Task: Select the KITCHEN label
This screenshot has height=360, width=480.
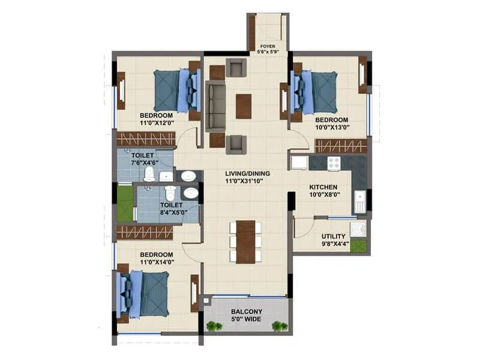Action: [322, 187]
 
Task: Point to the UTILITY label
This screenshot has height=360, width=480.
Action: [332, 236]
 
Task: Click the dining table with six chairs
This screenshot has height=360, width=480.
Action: [245, 242]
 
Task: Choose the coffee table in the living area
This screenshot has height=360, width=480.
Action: [244, 106]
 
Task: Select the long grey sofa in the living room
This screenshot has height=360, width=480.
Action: [215, 106]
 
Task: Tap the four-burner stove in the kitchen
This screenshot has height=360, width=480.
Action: [333, 163]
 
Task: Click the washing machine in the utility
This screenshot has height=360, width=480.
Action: [358, 229]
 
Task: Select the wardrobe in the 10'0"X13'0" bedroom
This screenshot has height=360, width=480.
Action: [341, 146]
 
